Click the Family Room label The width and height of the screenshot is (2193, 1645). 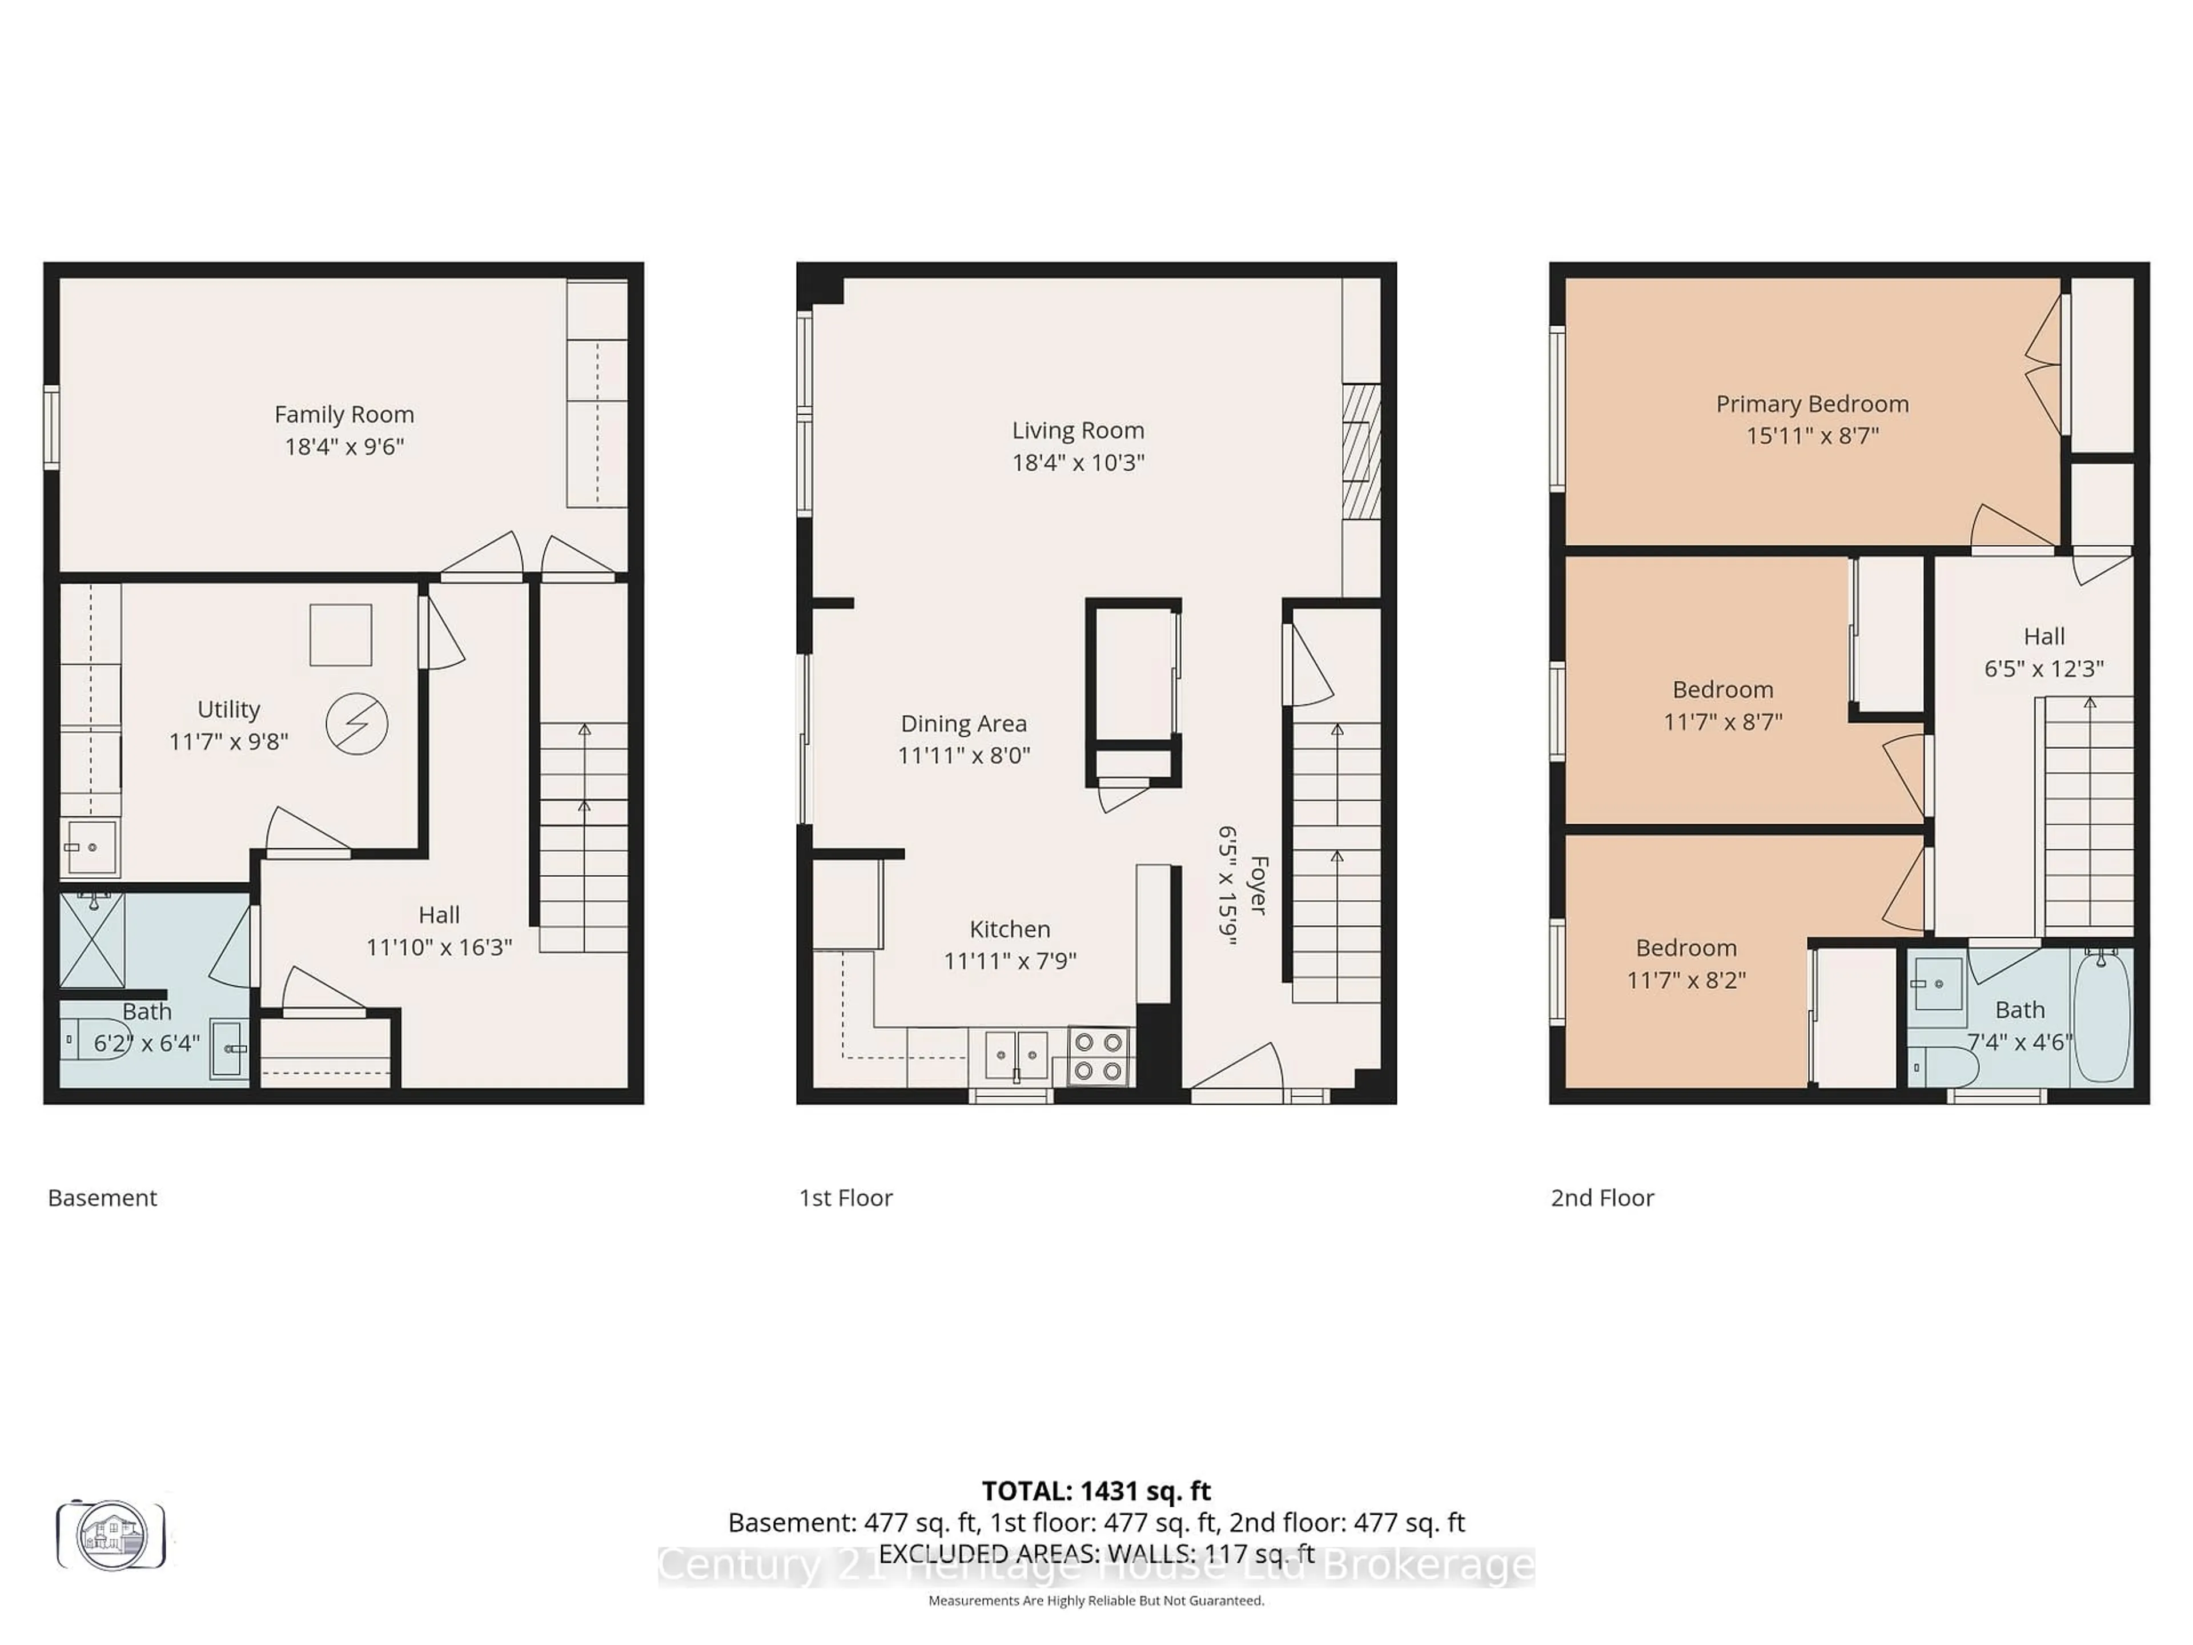click(344, 415)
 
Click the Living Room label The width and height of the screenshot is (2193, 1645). click(1078, 430)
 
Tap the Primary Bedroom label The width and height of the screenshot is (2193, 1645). click(1812, 404)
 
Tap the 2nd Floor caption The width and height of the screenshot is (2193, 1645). click(1601, 1198)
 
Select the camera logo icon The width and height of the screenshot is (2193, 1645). click(111, 1535)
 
